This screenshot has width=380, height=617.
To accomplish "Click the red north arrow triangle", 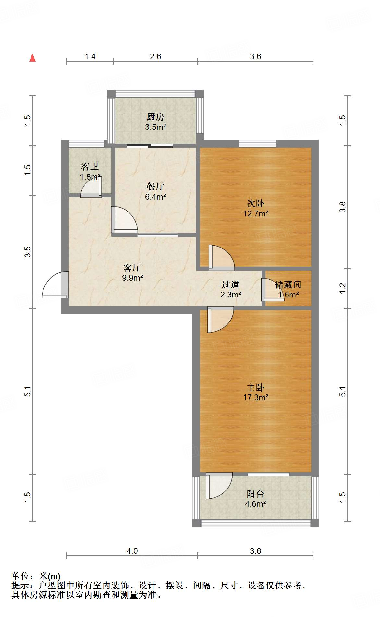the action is pos(32,58).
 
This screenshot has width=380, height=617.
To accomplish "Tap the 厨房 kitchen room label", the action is pos(155,117).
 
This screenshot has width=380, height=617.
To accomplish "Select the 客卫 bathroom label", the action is pos(90,167).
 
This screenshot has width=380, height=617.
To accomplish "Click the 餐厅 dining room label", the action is pos(155,186).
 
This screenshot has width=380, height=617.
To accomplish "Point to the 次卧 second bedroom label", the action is pos(255,203).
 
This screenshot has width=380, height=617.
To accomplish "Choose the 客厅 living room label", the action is pos(132,268).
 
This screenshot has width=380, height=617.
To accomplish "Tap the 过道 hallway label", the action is pos(230,284).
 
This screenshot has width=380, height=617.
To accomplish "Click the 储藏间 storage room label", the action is pos(288,284).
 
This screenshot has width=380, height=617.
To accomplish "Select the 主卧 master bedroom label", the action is pos(255,387).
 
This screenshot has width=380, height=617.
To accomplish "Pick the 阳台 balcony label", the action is pos(255,494).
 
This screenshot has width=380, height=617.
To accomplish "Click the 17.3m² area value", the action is pos(256,397).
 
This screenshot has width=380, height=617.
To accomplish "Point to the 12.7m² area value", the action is pos(256,213).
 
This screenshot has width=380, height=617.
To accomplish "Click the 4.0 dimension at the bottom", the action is pos(132,551).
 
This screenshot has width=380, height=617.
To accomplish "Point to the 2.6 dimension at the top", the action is pos(155,56).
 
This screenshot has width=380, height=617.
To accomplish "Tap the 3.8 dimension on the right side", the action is pos(342,207).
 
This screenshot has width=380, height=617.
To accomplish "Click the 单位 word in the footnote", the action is pos(20,576).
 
